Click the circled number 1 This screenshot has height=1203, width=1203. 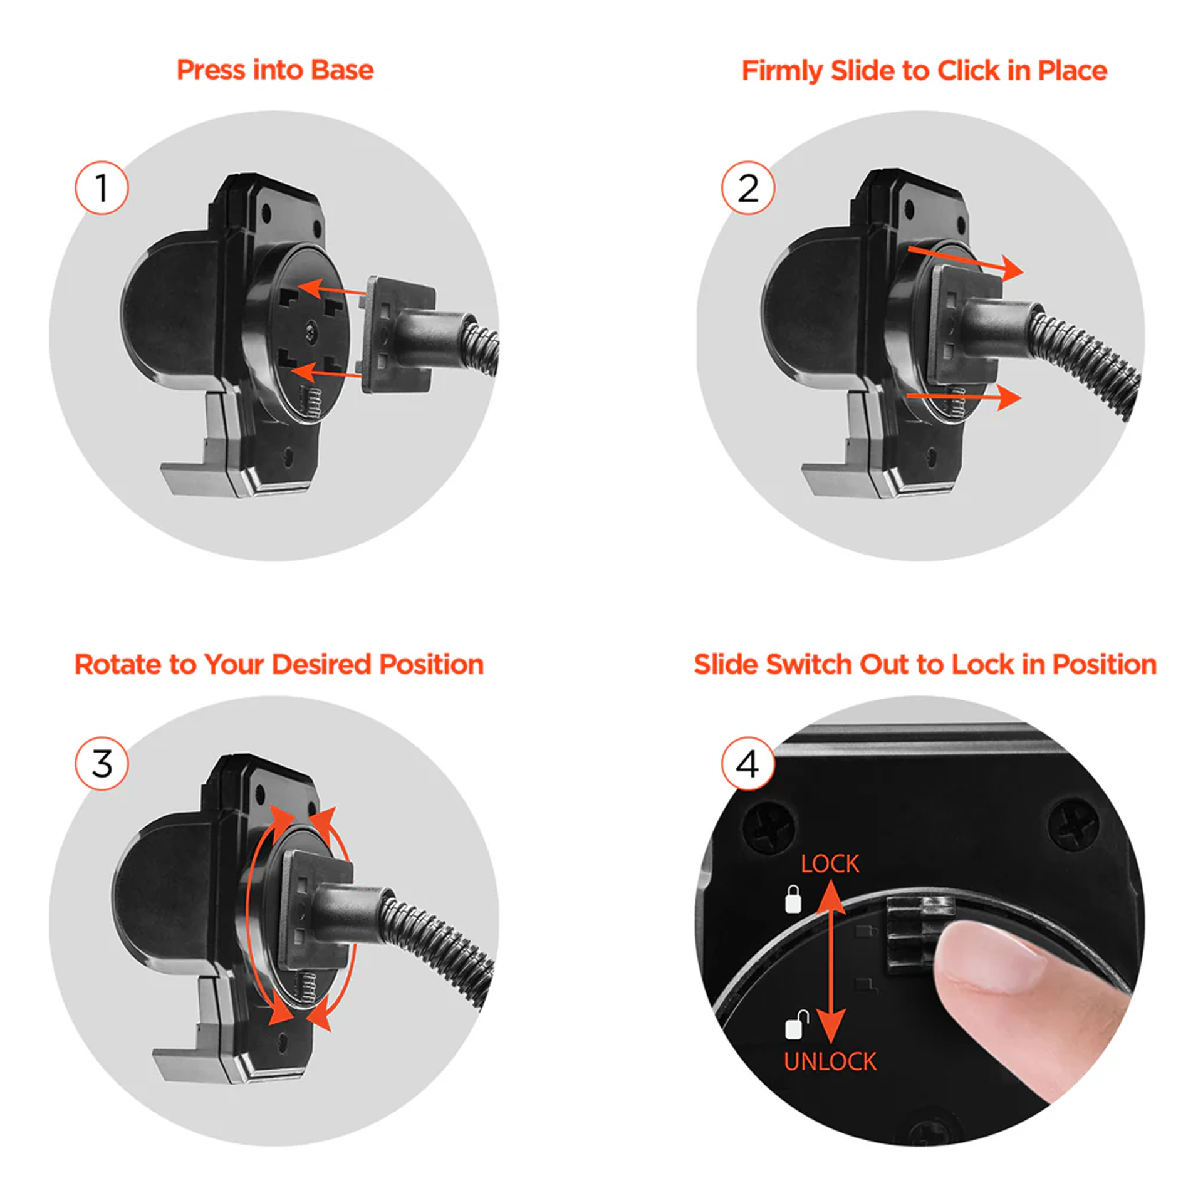click(102, 188)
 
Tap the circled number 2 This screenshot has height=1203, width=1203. click(747, 188)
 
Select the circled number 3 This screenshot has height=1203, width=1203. click(102, 763)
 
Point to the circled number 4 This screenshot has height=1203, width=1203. click(747, 763)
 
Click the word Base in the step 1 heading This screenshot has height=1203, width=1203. click(342, 70)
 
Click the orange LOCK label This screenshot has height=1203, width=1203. click(830, 864)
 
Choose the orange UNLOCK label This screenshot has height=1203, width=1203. click(830, 1061)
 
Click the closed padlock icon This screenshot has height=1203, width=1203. click(793, 899)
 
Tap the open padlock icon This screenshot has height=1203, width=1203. click(796, 1024)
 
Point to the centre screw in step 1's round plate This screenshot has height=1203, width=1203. click(311, 331)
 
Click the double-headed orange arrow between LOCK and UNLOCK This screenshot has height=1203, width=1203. click(831, 962)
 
